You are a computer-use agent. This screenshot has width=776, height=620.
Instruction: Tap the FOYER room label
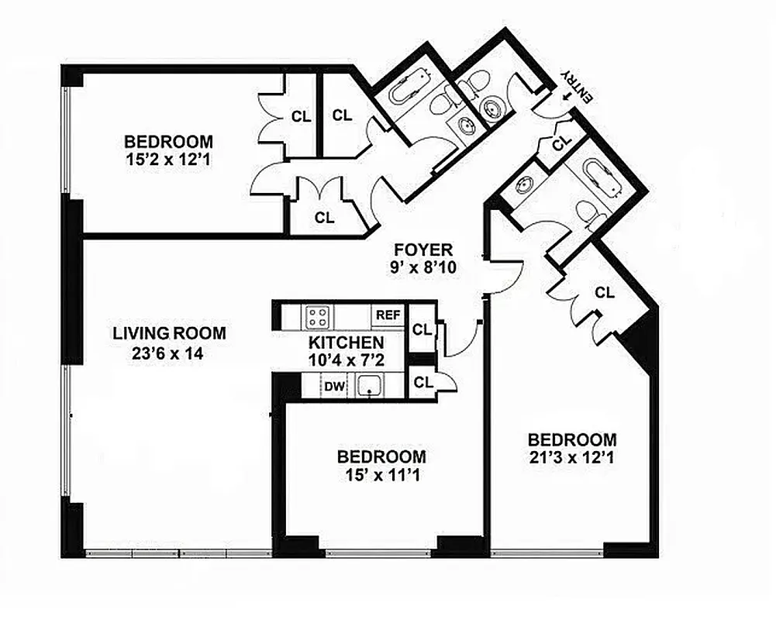click(422, 250)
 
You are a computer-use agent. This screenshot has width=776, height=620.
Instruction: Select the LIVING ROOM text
click(170, 334)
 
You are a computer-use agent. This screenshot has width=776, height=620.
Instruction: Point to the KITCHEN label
click(346, 343)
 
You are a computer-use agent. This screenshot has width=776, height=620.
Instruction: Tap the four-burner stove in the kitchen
click(318, 315)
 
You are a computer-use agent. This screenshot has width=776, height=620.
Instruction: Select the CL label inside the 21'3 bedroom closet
click(605, 293)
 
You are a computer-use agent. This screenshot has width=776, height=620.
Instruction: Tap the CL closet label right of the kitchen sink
click(423, 381)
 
